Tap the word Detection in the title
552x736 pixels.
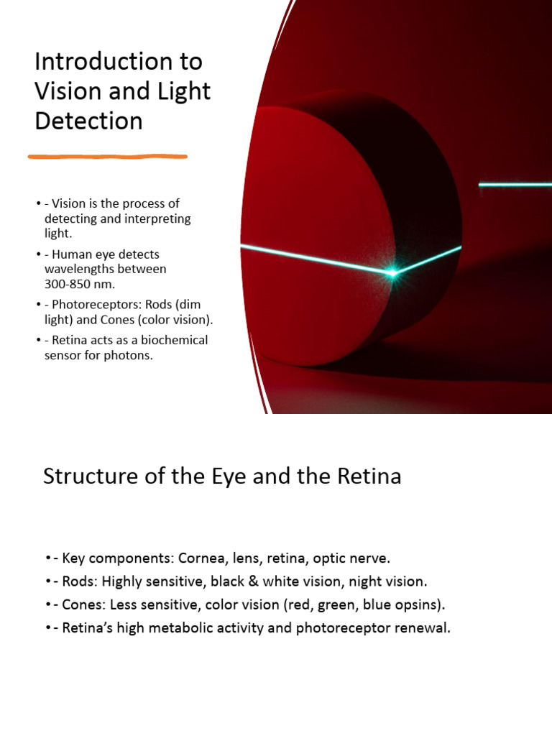(x=88, y=121)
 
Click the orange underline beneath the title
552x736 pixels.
(x=108, y=156)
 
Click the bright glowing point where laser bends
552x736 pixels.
(x=392, y=273)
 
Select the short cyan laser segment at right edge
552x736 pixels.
(x=515, y=185)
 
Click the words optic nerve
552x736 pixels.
(x=355, y=558)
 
